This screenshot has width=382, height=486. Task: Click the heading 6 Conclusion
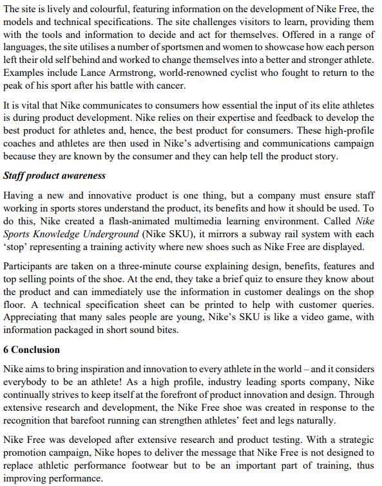click(x=32, y=350)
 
